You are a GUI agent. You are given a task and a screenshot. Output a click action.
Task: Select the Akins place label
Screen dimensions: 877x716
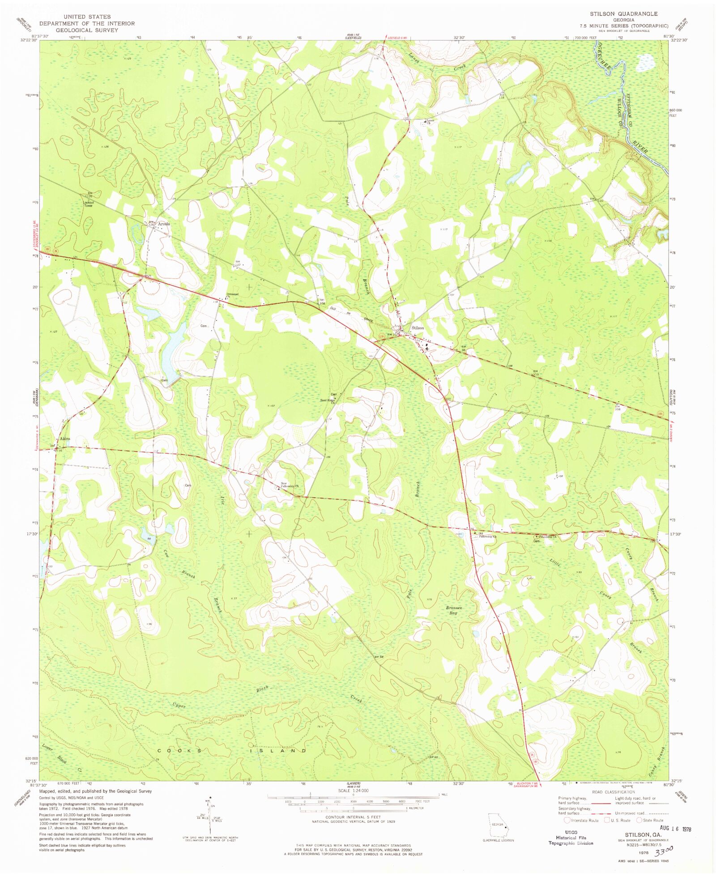pos(65,439)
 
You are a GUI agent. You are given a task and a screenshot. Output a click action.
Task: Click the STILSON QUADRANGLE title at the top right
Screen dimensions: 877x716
pos(623,14)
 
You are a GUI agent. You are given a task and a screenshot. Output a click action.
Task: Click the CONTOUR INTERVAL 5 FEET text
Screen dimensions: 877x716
pos(353,817)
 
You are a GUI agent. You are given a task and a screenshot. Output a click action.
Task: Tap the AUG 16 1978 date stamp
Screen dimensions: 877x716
pos(666,828)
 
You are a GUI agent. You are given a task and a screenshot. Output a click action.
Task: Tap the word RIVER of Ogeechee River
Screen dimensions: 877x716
pos(641,147)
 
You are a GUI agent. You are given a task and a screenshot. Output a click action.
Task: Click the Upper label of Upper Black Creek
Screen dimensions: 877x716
pos(179,706)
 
